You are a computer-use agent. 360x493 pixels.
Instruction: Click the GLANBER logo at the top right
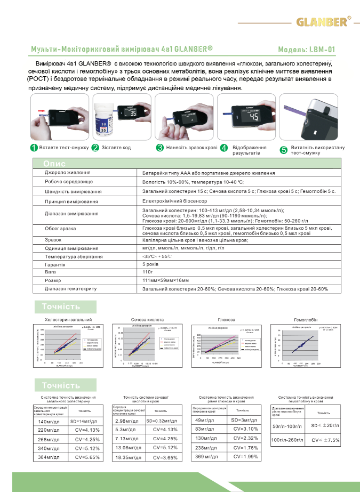point(323,22)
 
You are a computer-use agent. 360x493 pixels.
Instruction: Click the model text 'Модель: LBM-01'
point(306,49)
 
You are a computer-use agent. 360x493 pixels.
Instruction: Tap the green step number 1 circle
point(33,148)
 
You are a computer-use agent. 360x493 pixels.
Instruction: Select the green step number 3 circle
point(159,148)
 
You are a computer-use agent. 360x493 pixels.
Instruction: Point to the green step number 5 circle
point(284,150)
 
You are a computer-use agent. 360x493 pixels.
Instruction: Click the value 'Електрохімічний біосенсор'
point(174,201)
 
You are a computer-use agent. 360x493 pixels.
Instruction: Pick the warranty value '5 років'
point(151,264)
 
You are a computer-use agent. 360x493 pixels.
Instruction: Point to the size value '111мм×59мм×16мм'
point(165,280)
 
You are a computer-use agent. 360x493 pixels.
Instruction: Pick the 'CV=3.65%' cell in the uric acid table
point(164,457)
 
